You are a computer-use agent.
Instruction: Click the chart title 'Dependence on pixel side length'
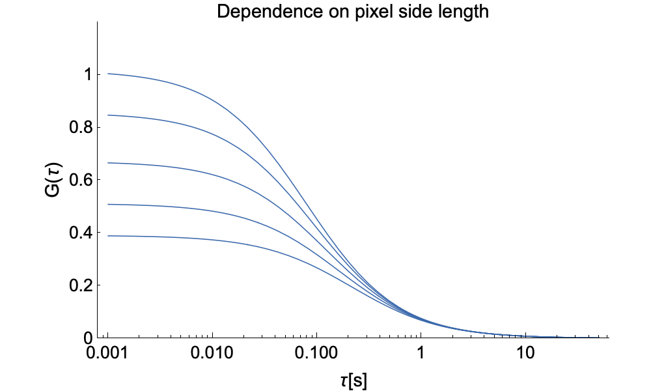(352, 12)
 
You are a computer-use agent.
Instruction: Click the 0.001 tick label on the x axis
(107, 356)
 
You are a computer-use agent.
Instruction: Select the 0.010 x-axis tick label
(212, 356)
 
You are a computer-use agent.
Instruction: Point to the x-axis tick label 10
(525, 356)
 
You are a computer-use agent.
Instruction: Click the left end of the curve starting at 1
(108, 74)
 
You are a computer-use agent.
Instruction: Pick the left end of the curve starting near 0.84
(108, 115)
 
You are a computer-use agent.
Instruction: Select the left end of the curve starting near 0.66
(108, 163)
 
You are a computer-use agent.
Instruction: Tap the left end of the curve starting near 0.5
(108, 205)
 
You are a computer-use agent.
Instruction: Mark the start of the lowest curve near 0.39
(108, 236)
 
